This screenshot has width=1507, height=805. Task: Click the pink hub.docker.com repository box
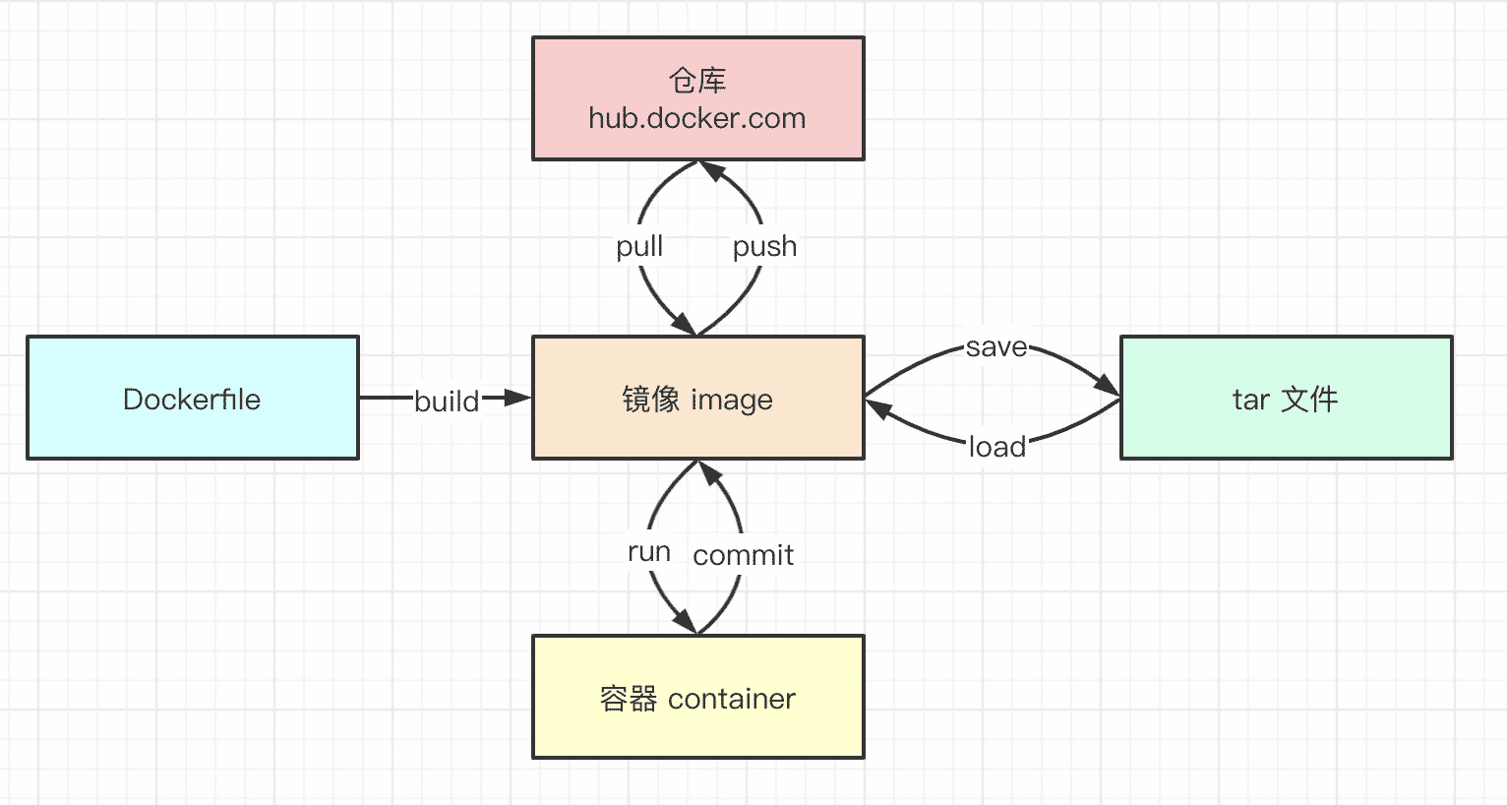tap(698, 98)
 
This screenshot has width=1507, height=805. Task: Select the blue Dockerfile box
tap(193, 398)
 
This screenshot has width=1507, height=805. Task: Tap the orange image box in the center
tap(698, 398)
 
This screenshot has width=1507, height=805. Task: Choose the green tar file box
tap(1287, 398)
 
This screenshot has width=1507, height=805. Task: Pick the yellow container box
tap(698, 697)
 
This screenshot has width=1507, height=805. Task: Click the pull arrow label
tap(639, 246)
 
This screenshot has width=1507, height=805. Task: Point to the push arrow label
tap(765, 246)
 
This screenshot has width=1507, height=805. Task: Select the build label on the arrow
tap(447, 402)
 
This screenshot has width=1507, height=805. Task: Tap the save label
tap(996, 347)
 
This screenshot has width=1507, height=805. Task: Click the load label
tap(997, 447)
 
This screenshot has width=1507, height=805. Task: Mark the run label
tap(649, 552)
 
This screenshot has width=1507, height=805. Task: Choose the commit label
tap(744, 555)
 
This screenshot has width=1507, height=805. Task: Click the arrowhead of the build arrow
tap(517, 398)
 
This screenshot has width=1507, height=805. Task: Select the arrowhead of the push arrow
tap(711, 171)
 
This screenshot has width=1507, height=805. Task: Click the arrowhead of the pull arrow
tap(685, 324)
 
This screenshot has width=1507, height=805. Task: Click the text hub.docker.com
tap(697, 118)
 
